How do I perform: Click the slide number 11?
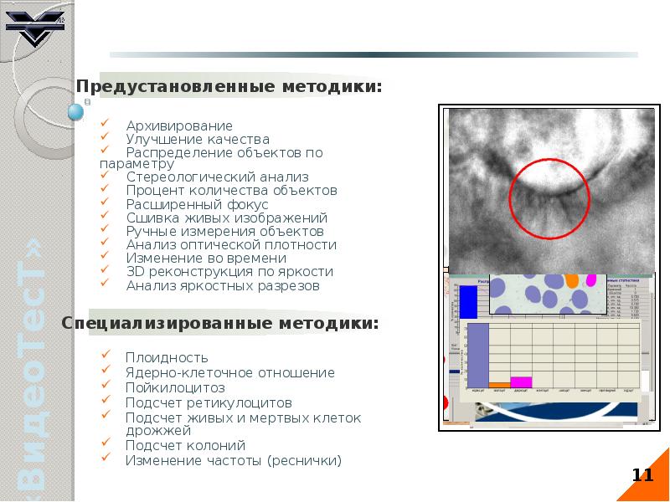[x=642, y=476]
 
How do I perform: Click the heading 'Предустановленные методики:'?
[x=230, y=86]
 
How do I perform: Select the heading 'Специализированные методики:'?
[x=220, y=322]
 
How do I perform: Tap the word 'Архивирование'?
[x=179, y=125]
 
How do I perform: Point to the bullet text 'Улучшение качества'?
[x=198, y=139]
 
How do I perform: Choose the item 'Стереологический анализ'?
[x=217, y=177]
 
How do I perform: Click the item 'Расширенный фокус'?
[x=197, y=204]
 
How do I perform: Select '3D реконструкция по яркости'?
[x=229, y=271]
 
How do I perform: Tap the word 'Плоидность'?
[x=167, y=358]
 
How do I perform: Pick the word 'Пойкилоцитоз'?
[x=175, y=387]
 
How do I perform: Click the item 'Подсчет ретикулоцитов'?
[x=209, y=402]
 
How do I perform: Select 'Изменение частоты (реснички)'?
[x=234, y=460]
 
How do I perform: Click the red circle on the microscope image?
[x=549, y=198]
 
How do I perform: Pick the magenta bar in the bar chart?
[x=521, y=382]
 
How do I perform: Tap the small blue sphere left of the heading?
[x=76, y=111]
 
